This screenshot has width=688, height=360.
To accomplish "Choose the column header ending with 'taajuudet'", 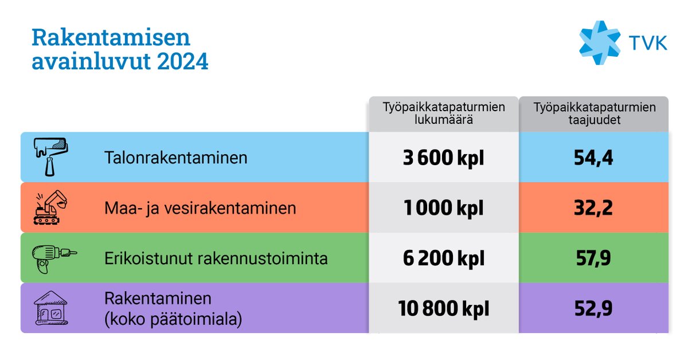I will tap(593, 113).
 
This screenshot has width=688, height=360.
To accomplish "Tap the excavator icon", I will tap(51, 208).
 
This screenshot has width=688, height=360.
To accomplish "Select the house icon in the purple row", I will tap(50, 308).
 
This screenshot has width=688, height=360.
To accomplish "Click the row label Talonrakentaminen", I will tap(176, 158).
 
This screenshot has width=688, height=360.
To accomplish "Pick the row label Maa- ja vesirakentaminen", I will tap(200, 208).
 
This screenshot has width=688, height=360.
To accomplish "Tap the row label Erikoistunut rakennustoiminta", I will tap(216, 258).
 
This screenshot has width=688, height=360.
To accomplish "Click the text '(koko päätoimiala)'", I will tap(173, 319).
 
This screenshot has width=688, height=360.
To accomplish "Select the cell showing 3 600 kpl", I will tap(444, 158).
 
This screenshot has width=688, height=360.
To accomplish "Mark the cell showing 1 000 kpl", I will tap(444, 208).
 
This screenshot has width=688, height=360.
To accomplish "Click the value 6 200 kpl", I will tap(444, 259).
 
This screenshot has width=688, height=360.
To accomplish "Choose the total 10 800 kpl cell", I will tap(444, 309).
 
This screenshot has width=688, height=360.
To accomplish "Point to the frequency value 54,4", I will tap(593, 158).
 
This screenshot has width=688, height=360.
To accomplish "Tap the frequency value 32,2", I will tap(593, 208).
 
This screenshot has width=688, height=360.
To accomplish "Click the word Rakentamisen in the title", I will tap(111, 37).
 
